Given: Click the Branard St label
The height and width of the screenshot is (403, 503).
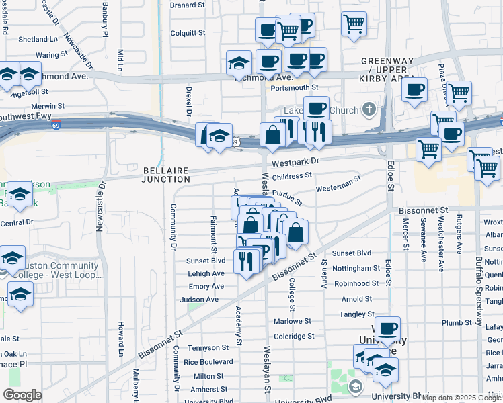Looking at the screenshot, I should click(187, 5).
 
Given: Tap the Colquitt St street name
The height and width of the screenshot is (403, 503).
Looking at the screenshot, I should click(188, 32).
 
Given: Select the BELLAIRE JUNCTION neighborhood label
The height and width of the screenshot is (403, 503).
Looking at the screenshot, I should click(166, 174).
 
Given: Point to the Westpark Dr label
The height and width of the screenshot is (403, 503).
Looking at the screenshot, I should click(295, 162).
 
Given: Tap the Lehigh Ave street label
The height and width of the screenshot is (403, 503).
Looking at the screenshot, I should click(206, 274).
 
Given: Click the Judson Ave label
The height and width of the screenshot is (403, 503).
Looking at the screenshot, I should click(199, 300).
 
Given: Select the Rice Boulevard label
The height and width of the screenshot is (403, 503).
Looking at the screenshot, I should click(208, 361).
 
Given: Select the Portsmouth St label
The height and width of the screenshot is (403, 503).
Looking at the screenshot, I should click(294, 88).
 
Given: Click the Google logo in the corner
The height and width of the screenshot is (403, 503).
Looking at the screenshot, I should click(22, 395).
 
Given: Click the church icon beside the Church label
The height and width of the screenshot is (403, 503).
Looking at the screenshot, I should click(369, 109).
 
